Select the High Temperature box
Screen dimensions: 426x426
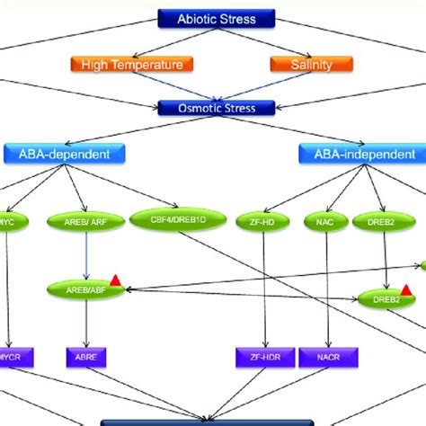coord(132,65)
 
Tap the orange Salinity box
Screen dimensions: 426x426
coord(312,65)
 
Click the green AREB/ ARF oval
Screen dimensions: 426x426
coord(86,218)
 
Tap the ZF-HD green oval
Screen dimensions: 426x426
coord(264,218)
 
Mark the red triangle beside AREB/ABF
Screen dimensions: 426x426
coord(114,281)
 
